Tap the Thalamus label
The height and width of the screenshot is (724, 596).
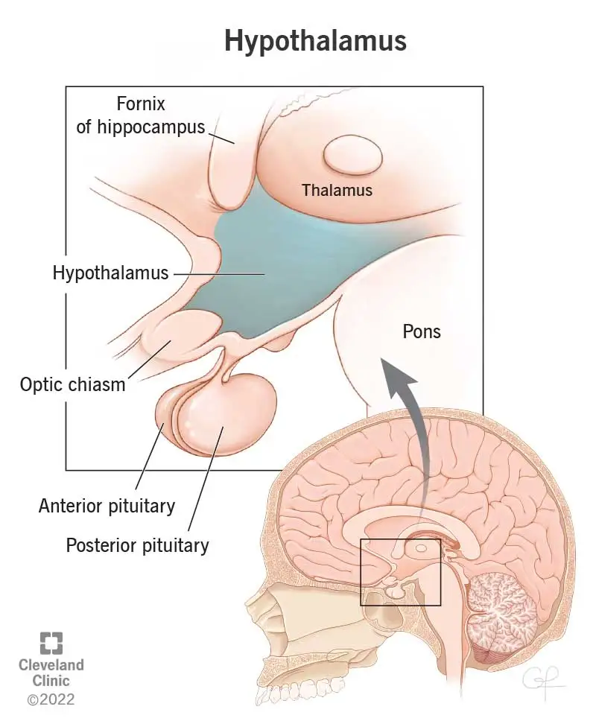tap(337, 190)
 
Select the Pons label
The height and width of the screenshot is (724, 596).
tap(422, 331)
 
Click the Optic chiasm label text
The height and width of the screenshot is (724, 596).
tap(72, 385)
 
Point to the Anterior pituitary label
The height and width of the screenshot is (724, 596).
tap(107, 507)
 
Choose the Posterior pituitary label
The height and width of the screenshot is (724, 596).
tap(137, 545)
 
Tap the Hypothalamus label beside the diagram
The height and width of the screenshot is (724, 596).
tap(111, 273)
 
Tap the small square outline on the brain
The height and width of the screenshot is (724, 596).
tap(401, 572)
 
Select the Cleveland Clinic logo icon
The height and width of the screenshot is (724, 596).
tap(51, 643)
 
